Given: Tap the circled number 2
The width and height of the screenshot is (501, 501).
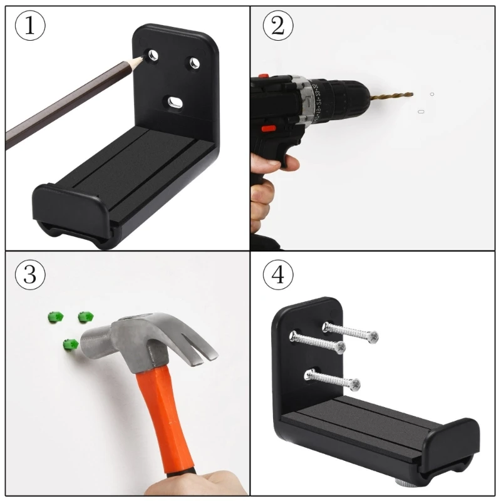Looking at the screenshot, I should click(276, 27).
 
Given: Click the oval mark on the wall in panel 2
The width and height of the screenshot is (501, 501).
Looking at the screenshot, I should click(421, 112).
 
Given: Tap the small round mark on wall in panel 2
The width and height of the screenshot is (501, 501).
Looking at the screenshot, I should click(431, 95).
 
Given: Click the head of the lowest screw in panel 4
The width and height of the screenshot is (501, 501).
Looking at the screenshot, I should click(356, 383).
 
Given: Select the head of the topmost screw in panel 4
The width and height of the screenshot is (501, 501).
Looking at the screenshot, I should click(373, 337).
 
